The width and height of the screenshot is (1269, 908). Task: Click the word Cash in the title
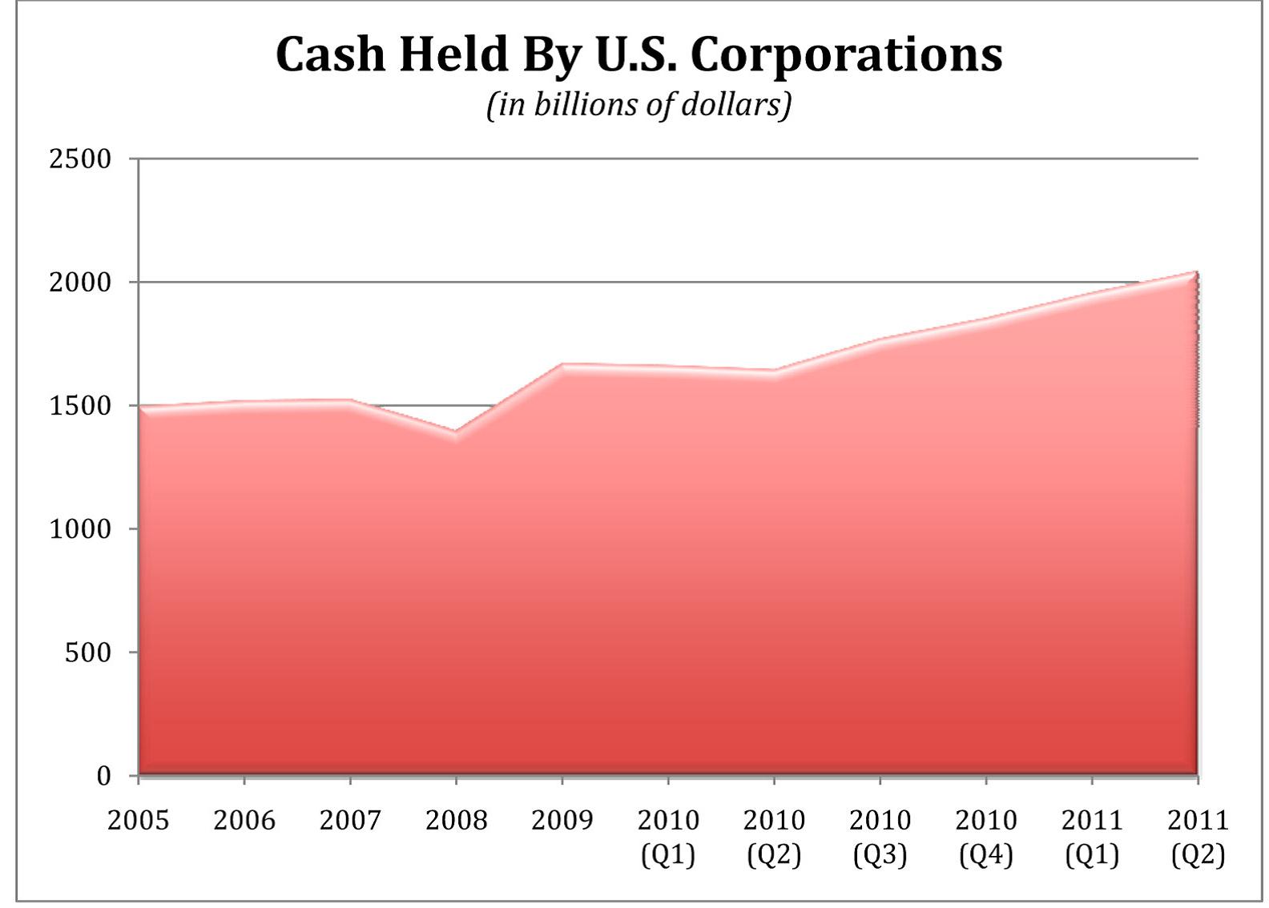330,55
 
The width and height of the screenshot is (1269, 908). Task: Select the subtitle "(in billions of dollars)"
639,106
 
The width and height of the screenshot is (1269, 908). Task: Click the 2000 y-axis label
80,282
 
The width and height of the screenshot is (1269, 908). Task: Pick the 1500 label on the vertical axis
80,405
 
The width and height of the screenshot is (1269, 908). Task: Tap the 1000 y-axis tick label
80,528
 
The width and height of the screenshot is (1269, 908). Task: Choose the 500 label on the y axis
88,652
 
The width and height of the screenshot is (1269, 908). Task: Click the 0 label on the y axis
103,776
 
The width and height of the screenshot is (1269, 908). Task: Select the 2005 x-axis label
139,820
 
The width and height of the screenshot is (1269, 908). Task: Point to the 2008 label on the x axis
456,820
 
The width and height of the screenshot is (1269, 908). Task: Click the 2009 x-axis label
562,820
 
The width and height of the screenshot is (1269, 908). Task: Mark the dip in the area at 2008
456,433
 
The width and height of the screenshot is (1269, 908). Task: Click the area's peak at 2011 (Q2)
1198,272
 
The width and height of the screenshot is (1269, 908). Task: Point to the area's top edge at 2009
562,365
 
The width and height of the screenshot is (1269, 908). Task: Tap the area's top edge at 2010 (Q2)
775,372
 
